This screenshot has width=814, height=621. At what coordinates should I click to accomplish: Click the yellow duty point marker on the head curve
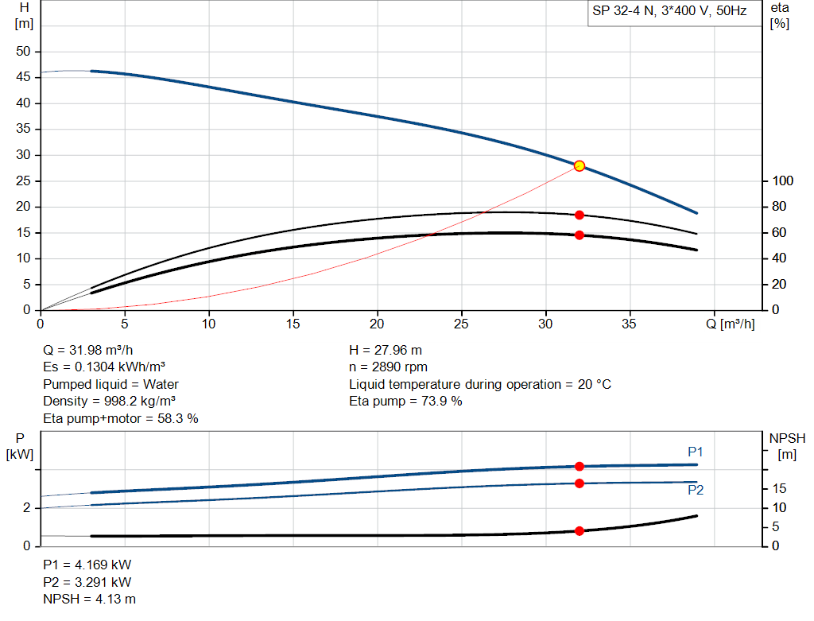579,165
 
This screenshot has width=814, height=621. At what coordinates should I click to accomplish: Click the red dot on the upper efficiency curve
579,215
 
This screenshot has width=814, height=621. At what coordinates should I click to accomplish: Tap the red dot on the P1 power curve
579,466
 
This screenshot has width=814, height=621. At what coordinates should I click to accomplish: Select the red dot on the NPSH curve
579,530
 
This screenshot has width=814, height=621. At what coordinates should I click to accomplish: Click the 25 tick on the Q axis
462,324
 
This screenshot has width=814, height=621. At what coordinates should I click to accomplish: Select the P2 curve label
696,491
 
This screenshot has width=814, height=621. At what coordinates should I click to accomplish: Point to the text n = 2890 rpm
388,367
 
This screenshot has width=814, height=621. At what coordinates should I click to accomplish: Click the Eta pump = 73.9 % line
405,401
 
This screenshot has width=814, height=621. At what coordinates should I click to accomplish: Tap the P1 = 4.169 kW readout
87,565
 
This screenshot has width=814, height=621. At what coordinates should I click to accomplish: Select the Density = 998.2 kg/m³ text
109,401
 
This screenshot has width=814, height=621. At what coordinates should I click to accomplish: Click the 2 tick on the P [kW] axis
26,508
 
